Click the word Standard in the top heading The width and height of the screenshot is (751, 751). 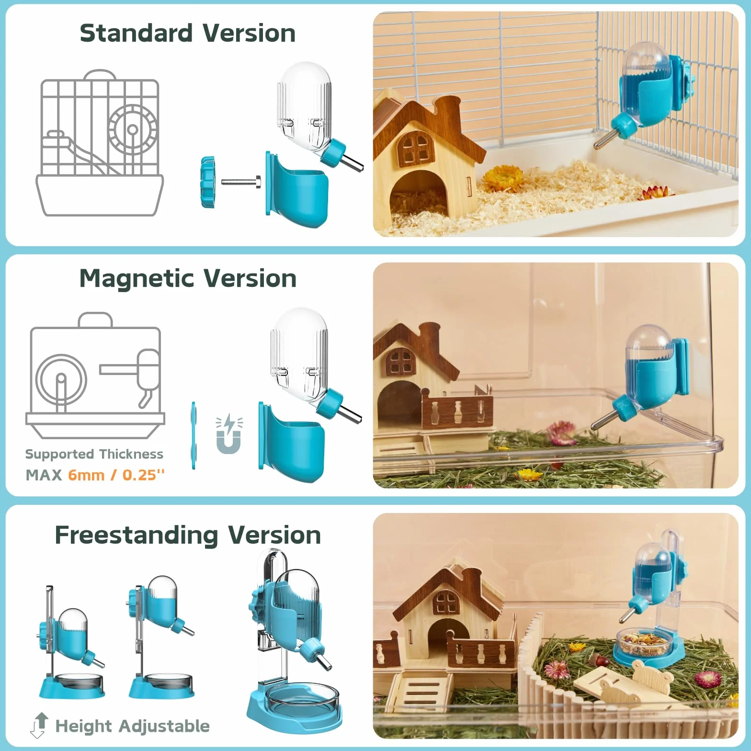[136, 34]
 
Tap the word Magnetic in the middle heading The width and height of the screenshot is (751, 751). [137, 279]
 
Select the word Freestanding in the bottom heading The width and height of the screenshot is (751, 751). [137, 535]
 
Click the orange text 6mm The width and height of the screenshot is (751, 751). [86, 475]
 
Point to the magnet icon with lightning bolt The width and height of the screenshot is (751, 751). [229, 434]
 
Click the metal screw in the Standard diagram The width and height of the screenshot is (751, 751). [241, 182]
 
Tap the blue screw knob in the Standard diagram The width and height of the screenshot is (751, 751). [208, 182]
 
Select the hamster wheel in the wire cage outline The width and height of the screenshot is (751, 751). [132, 129]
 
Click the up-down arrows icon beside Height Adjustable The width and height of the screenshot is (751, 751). [39, 725]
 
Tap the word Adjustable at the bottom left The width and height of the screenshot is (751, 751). [164, 727]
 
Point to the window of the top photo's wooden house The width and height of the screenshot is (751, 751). [415, 147]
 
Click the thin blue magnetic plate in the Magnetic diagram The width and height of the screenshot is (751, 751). [193, 435]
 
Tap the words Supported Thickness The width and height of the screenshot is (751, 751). [94, 454]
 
